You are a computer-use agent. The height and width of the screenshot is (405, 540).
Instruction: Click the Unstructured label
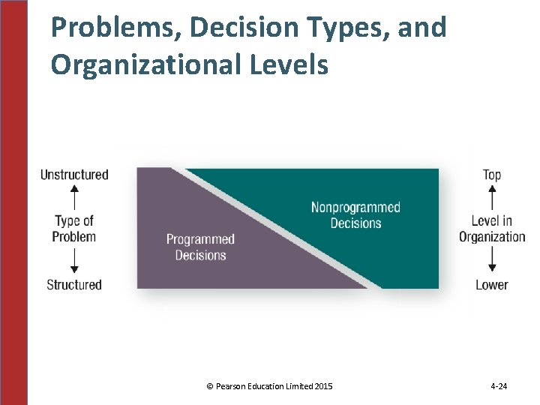[74, 175]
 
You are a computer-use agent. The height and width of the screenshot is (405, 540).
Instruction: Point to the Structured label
[74, 285]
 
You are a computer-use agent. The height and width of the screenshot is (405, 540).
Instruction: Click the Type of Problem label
[74, 229]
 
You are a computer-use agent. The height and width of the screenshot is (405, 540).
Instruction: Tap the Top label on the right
[492, 175]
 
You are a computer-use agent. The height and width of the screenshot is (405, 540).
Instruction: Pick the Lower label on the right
[492, 285]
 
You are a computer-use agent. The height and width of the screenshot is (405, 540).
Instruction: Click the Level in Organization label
[492, 229]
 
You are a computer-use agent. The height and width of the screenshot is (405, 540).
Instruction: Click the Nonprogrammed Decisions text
[355, 215]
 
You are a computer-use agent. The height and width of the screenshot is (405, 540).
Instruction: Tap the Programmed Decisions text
[200, 247]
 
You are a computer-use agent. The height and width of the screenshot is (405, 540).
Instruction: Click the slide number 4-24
[499, 386]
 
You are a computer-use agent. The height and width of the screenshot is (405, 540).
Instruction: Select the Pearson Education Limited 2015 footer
[269, 386]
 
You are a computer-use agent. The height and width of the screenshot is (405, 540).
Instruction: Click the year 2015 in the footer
[324, 386]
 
